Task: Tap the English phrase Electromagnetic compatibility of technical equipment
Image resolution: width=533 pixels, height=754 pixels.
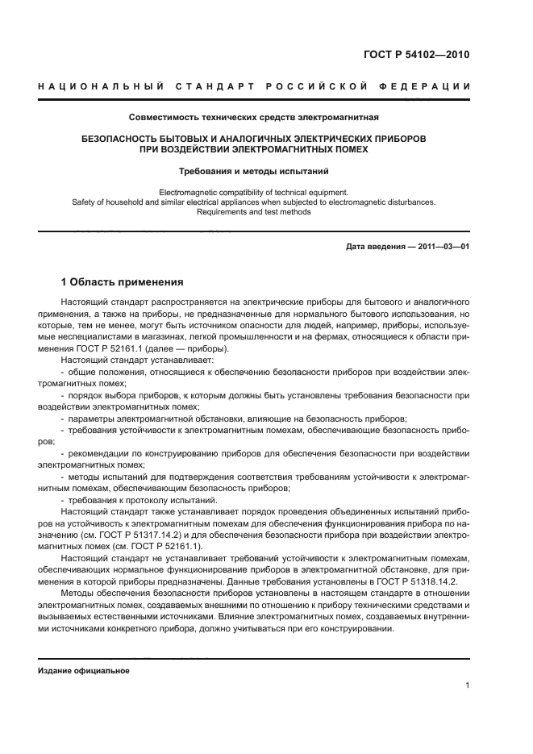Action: click(x=254, y=192)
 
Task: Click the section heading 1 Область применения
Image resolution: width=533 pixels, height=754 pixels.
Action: click(x=123, y=282)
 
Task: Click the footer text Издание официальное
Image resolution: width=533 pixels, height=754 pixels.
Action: click(x=84, y=671)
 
